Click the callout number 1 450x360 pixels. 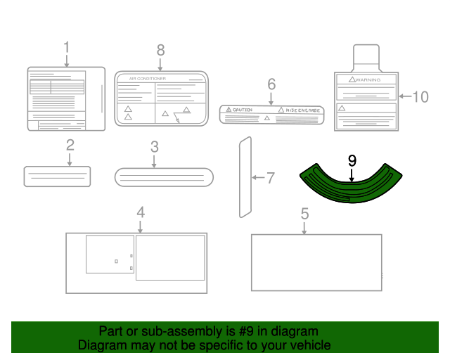[x=67, y=48]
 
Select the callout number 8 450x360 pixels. [x=160, y=50]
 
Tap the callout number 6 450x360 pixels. [x=271, y=84]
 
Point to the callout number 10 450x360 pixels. [x=420, y=96]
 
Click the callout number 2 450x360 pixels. [x=70, y=146]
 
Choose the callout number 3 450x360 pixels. [x=154, y=147]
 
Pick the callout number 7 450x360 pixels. [x=270, y=178]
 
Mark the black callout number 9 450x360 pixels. [x=352, y=160]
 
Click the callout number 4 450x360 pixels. [x=141, y=212]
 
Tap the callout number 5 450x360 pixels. [x=304, y=213]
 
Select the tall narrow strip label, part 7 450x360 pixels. [x=244, y=176]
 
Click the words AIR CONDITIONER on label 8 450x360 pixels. [x=143, y=79]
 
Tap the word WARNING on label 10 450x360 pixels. [x=368, y=80]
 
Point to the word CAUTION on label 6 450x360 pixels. [x=243, y=110]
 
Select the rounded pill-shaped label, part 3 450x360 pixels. [x=163, y=177]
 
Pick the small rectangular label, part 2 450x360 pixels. [x=58, y=176]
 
